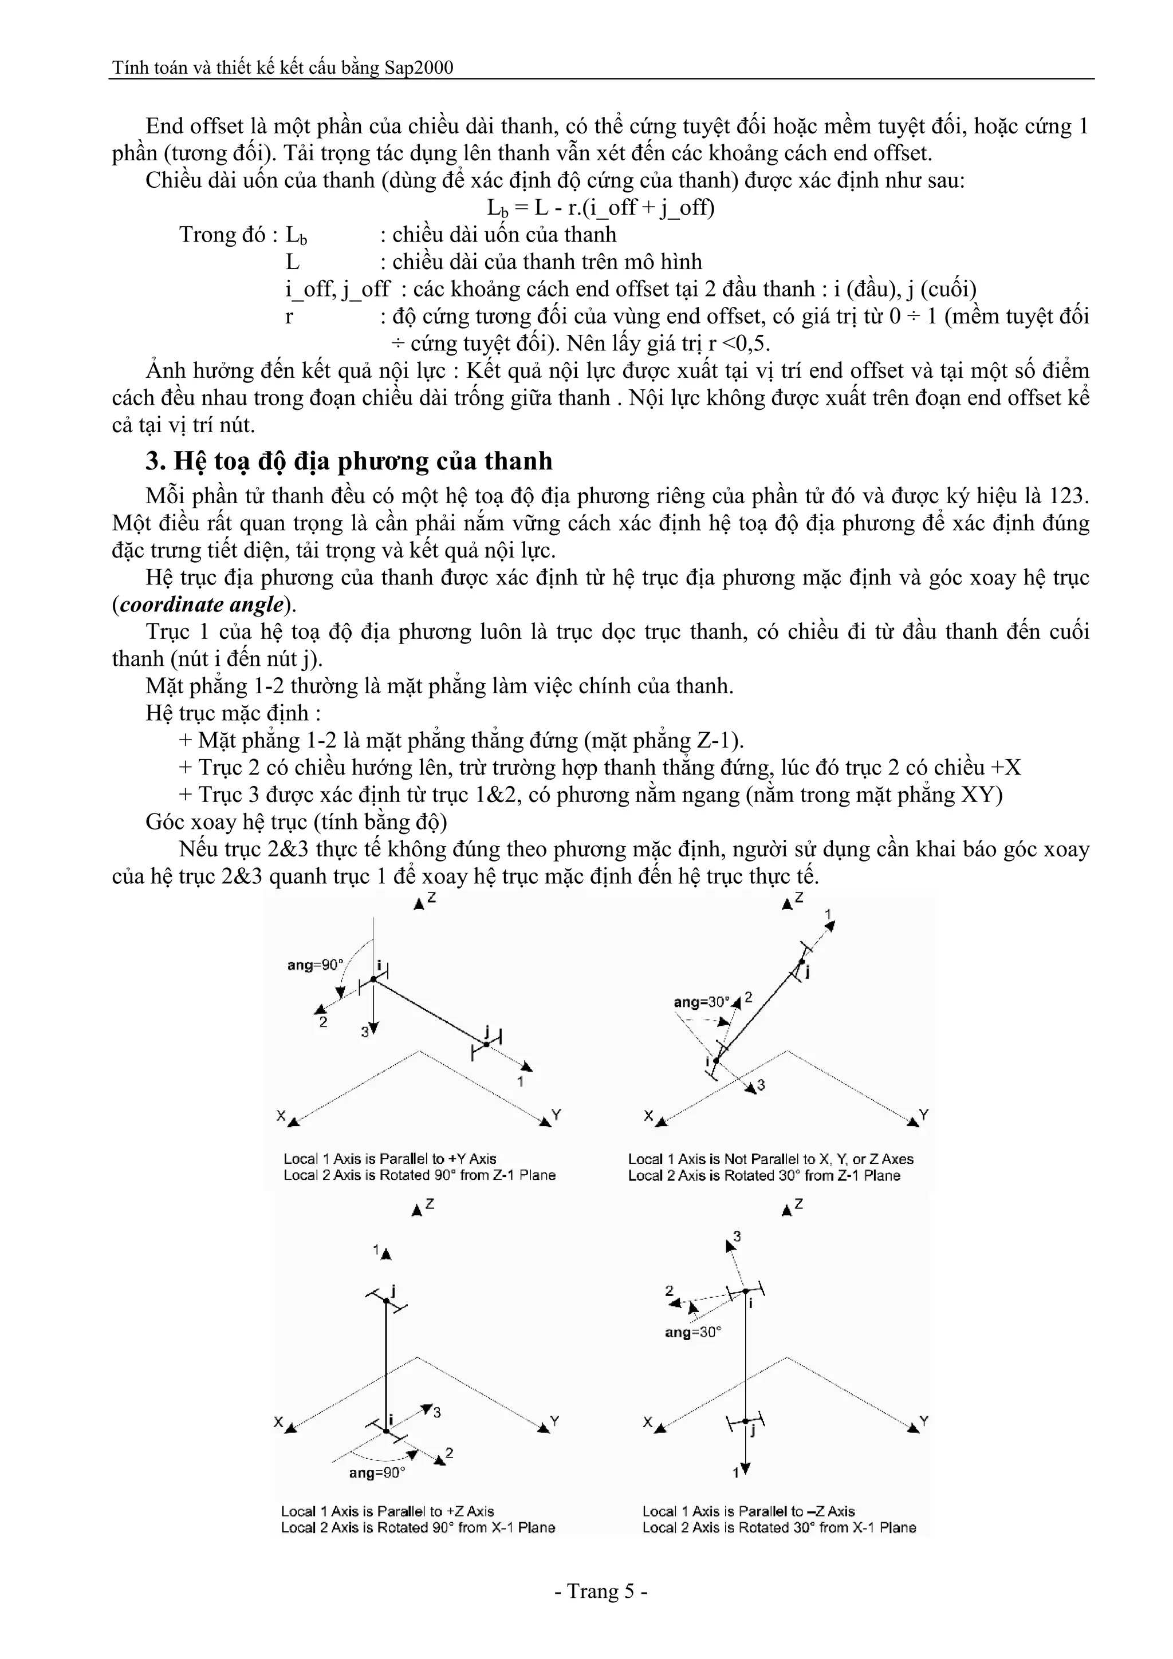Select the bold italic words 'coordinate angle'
pos(201,604)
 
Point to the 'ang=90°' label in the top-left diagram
pos(315,965)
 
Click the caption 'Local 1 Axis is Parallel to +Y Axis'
pos(389,1159)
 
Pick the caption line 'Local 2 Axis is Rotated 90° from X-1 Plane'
pos(418,1527)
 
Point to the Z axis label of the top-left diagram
pos(431,898)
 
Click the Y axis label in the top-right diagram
pos(924,1114)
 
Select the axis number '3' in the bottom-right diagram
pos(737,1237)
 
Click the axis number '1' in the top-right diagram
pos(829,914)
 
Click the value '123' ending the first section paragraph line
pos(1068,496)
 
